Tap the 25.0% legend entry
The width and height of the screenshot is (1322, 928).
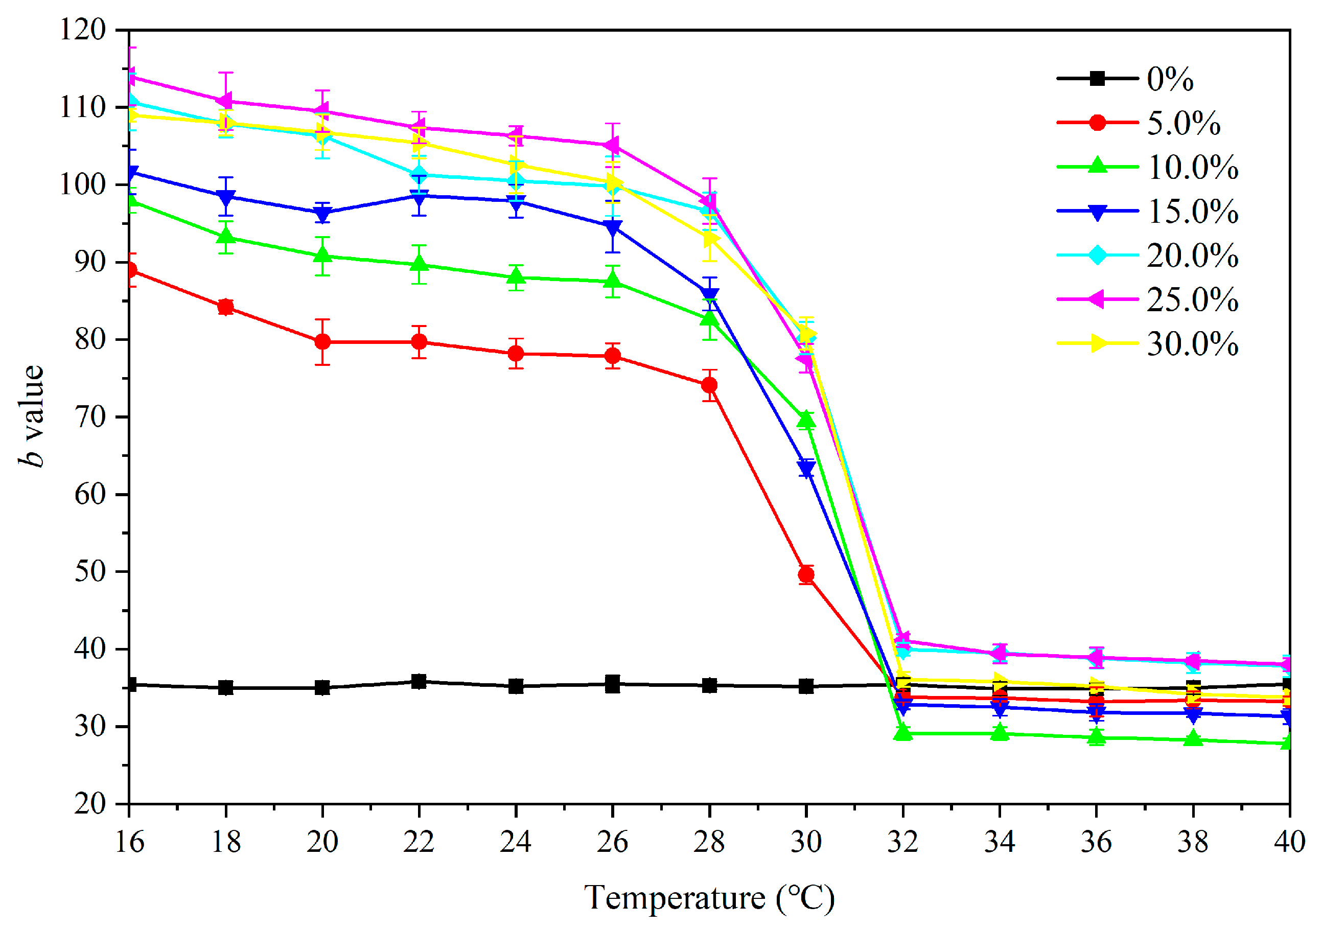click(1192, 299)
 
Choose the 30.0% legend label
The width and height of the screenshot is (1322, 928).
click(1192, 344)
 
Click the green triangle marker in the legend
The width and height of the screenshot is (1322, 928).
click(1098, 167)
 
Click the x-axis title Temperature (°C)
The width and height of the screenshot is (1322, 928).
click(709, 898)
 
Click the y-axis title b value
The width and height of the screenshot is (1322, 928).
click(32, 415)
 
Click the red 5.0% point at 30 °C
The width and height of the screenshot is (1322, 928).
click(806, 574)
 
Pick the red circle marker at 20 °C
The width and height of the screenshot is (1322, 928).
click(322, 342)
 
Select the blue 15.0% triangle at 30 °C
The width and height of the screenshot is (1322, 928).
click(806, 469)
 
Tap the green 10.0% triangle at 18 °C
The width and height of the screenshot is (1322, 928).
click(226, 237)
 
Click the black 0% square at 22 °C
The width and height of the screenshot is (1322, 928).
click(419, 682)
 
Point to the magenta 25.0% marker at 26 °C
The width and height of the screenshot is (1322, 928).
click(613, 145)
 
